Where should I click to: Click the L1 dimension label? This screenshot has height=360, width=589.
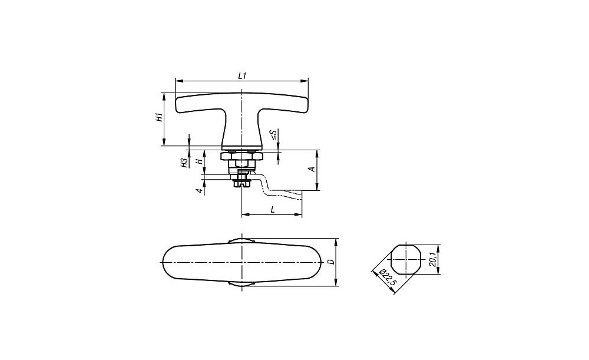click(242, 75)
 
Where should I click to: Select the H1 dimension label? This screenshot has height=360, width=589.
click(160, 117)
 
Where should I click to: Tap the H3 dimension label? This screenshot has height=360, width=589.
click(184, 163)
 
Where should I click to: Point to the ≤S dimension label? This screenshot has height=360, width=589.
click(274, 135)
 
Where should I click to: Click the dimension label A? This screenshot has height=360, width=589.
click(312, 170)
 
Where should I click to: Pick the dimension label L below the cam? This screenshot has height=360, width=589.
click(273, 209)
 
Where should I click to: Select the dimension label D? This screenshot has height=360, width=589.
click(330, 262)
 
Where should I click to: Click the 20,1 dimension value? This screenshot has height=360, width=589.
click(432, 260)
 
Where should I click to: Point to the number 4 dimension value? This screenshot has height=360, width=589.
click(201, 191)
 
